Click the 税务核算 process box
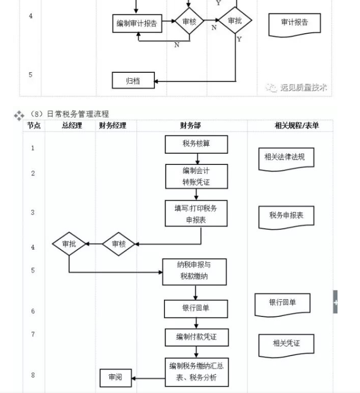(197, 144)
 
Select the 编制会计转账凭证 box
(197, 176)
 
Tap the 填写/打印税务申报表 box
(197, 213)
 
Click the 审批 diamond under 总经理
(69, 244)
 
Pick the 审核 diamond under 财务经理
(119, 244)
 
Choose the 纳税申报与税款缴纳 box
(194, 271)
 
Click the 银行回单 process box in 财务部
(196, 308)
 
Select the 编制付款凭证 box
(196, 337)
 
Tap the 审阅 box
(115, 378)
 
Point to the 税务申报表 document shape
(286, 216)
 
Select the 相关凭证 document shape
(286, 344)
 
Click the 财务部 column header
(191, 126)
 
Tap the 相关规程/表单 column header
(296, 126)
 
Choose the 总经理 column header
(71, 126)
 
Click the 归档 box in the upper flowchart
(133, 81)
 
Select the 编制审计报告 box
(137, 24)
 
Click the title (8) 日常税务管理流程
(70, 114)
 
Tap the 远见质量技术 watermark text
(303, 87)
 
